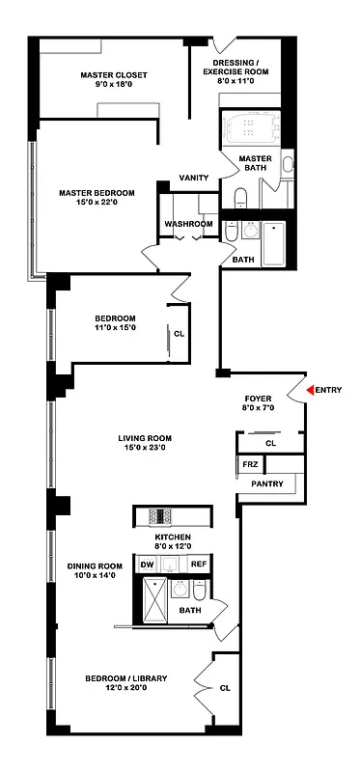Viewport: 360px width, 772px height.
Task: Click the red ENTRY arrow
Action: tap(311, 390)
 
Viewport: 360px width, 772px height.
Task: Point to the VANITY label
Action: tap(194, 178)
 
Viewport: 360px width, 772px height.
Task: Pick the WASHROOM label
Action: tap(188, 224)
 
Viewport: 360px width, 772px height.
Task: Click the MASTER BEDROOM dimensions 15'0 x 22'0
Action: tap(95, 204)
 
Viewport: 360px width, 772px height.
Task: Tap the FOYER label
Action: tap(258, 398)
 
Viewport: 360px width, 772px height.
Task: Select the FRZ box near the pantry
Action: tap(249, 465)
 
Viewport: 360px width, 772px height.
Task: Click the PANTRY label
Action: tap(266, 483)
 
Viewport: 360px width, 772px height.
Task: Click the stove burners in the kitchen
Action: tap(160, 515)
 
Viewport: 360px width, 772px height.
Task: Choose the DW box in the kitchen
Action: tap(147, 565)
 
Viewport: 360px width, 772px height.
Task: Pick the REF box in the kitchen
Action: tap(198, 565)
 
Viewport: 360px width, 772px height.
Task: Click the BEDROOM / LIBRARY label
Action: tap(126, 678)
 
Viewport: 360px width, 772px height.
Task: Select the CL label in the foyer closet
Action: tap(270, 444)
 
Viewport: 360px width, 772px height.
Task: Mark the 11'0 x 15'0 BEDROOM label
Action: tap(115, 329)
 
